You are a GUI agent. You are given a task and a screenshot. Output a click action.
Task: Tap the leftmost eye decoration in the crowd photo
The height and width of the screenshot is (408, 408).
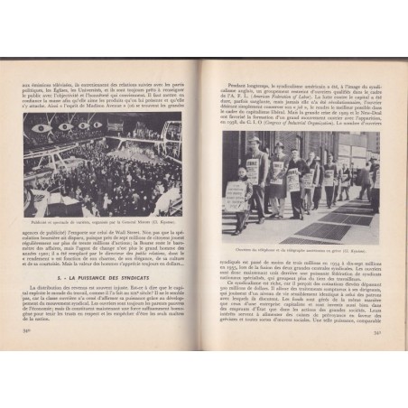coord(41,127)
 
